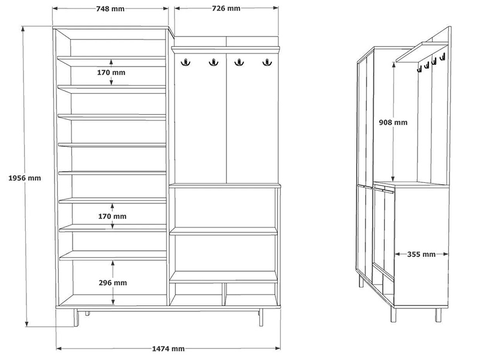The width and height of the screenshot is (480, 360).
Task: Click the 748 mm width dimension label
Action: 110,8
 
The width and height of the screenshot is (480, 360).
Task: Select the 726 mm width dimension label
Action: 226,8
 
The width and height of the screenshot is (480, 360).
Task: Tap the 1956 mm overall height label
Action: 25,178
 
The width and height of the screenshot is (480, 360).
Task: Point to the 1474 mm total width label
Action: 169,349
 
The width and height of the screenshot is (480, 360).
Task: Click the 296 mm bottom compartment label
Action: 113,283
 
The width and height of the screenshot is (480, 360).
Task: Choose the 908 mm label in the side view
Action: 393,122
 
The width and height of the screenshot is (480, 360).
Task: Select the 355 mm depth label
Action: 421,254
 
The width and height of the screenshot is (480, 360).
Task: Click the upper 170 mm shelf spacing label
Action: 111,73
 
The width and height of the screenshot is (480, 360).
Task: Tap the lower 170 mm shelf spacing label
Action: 112,217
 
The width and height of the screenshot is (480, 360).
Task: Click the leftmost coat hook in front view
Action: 185,62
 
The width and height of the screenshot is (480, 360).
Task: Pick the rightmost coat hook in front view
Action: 267,62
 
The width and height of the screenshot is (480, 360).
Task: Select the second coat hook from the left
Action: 214,62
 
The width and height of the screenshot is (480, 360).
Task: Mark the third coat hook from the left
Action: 239,62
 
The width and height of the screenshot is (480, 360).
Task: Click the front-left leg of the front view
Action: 76,317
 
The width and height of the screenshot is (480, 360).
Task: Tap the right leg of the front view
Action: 261,317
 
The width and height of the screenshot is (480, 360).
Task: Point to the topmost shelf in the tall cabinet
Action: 112,61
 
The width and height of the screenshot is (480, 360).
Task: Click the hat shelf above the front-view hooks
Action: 226,50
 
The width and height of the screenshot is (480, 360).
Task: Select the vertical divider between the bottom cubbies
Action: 224,294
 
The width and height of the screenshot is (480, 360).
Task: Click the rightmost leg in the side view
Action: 439,315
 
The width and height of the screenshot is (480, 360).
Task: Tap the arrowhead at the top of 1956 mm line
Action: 22,28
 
